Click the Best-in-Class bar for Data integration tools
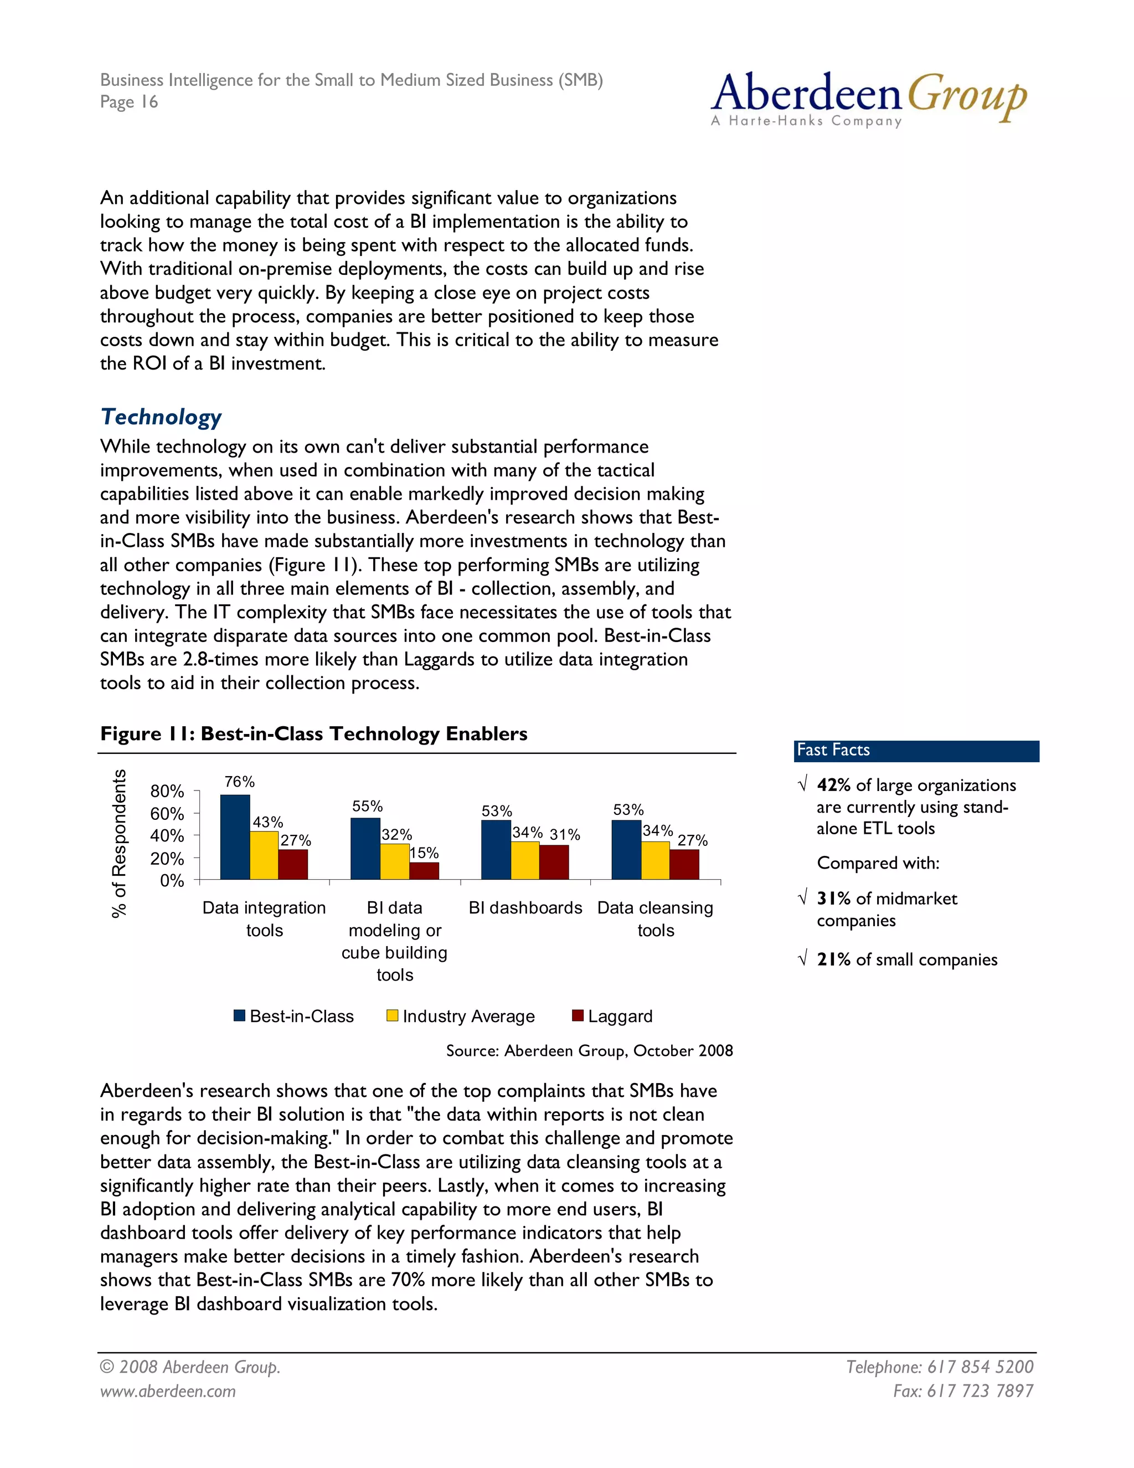235,837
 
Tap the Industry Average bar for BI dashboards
525,860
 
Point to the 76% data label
239,782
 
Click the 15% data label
424,853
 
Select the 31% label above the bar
564,835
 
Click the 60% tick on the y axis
167,814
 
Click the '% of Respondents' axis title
119,844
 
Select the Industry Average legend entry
460,1017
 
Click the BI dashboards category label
525,908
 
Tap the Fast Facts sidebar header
916,751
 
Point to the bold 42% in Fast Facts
834,785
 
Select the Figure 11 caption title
314,733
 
